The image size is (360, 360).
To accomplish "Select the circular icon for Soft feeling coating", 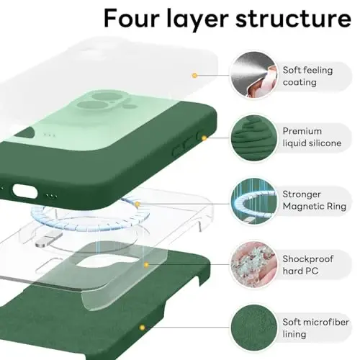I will [251, 74].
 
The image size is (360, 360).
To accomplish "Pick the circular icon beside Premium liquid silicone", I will [251, 136].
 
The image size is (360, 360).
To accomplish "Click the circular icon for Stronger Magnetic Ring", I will [251, 199].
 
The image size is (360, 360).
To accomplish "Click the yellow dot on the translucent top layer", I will [194, 74].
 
